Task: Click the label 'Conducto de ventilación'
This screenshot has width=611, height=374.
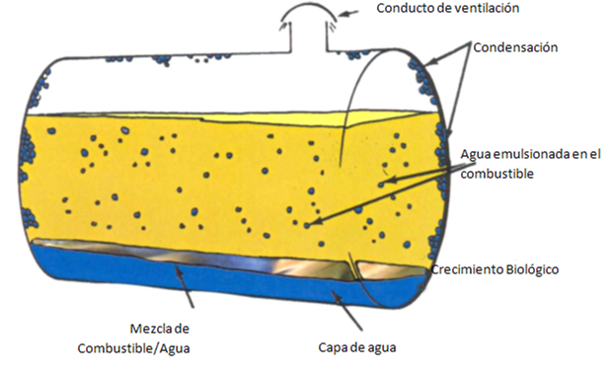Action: (448, 8)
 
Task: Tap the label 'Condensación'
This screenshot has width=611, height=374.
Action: (515, 47)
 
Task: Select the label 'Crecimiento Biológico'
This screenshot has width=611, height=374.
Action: (495, 269)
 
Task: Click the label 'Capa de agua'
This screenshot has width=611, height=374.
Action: (357, 347)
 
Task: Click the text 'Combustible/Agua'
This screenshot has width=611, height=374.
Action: (133, 348)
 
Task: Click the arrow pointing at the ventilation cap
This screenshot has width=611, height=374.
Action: (348, 14)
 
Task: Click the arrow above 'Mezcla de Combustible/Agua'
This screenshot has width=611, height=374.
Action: (185, 285)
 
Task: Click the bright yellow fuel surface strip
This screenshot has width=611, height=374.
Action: (312, 117)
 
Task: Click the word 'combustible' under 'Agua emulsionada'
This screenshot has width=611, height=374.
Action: (496, 174)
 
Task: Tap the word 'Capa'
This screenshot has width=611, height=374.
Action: (332, 347)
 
